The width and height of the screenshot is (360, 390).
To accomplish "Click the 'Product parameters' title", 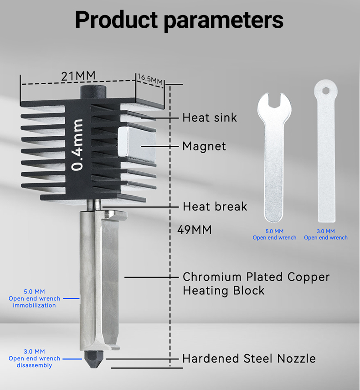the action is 179,20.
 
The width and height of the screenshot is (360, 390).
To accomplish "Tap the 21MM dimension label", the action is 78,76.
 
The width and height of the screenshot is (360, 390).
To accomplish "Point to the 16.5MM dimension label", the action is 150,79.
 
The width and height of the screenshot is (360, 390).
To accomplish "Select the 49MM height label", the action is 194,230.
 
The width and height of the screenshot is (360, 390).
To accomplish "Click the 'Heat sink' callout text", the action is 210,118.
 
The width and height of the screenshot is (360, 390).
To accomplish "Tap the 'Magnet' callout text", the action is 204,146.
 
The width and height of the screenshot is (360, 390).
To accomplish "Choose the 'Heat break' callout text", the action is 215,207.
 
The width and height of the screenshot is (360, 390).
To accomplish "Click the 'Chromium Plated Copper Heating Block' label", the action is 256,284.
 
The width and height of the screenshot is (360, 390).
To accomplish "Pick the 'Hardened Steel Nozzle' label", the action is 249,359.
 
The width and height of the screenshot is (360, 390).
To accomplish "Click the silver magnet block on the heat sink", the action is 136,142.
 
